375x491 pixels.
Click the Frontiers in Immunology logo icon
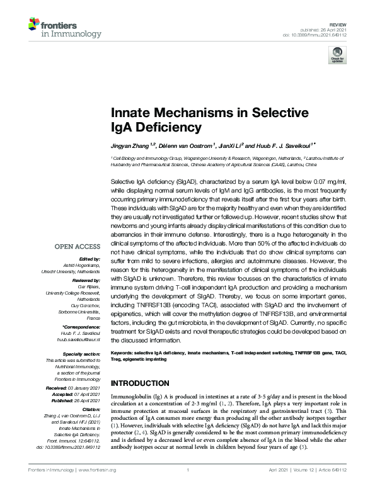click(x=35, y=26)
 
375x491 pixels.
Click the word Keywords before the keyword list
click(x=123, y=354)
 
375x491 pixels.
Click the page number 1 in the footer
click(x=188, y=470)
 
